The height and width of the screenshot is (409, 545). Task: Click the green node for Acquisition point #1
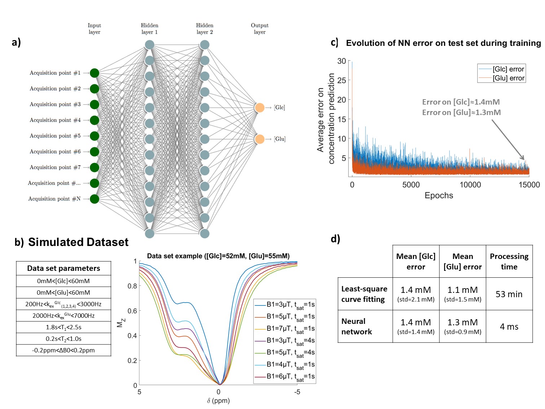(94, 73)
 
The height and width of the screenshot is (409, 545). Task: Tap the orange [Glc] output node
(260, 107)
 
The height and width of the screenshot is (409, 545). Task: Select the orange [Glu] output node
(260, 139)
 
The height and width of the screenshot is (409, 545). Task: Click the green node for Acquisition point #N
(94, 199)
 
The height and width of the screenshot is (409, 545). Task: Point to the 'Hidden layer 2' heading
(204, 28)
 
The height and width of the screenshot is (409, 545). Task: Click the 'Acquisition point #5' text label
(55, 136)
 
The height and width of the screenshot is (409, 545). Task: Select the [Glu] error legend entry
(508, 78)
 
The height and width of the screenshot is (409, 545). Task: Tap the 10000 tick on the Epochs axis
(470, 185)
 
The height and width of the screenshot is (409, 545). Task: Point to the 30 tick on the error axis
(342, 61)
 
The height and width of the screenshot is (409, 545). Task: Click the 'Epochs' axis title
(439, 195)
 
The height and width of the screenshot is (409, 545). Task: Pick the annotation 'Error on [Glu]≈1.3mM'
(461, 113)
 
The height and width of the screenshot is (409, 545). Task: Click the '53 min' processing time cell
(509, 294)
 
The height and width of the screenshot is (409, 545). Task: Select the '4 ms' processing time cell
(509, 327)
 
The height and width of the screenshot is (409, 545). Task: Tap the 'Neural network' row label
(356, 326)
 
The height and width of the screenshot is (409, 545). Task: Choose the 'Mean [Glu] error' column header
(462, 261)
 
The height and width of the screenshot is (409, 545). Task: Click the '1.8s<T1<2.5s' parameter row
(63, 327)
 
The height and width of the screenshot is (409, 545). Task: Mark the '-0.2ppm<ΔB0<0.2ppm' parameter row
(63, 350)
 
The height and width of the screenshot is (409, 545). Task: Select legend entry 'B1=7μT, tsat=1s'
(290, 329)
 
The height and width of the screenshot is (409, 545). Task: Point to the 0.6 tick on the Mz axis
(132, 311)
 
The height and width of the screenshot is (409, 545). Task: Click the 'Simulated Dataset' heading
(78, 242)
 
